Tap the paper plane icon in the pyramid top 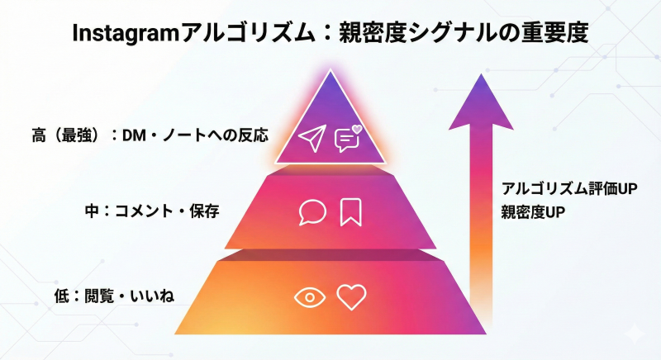click(x=312, y=137)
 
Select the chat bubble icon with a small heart click(x=346, y=140)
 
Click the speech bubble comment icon click(x=312, y=212)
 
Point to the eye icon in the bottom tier click(x=310, y=297)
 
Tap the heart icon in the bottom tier click(x=351, y=297)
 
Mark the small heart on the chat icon click(x=357, y=129)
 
